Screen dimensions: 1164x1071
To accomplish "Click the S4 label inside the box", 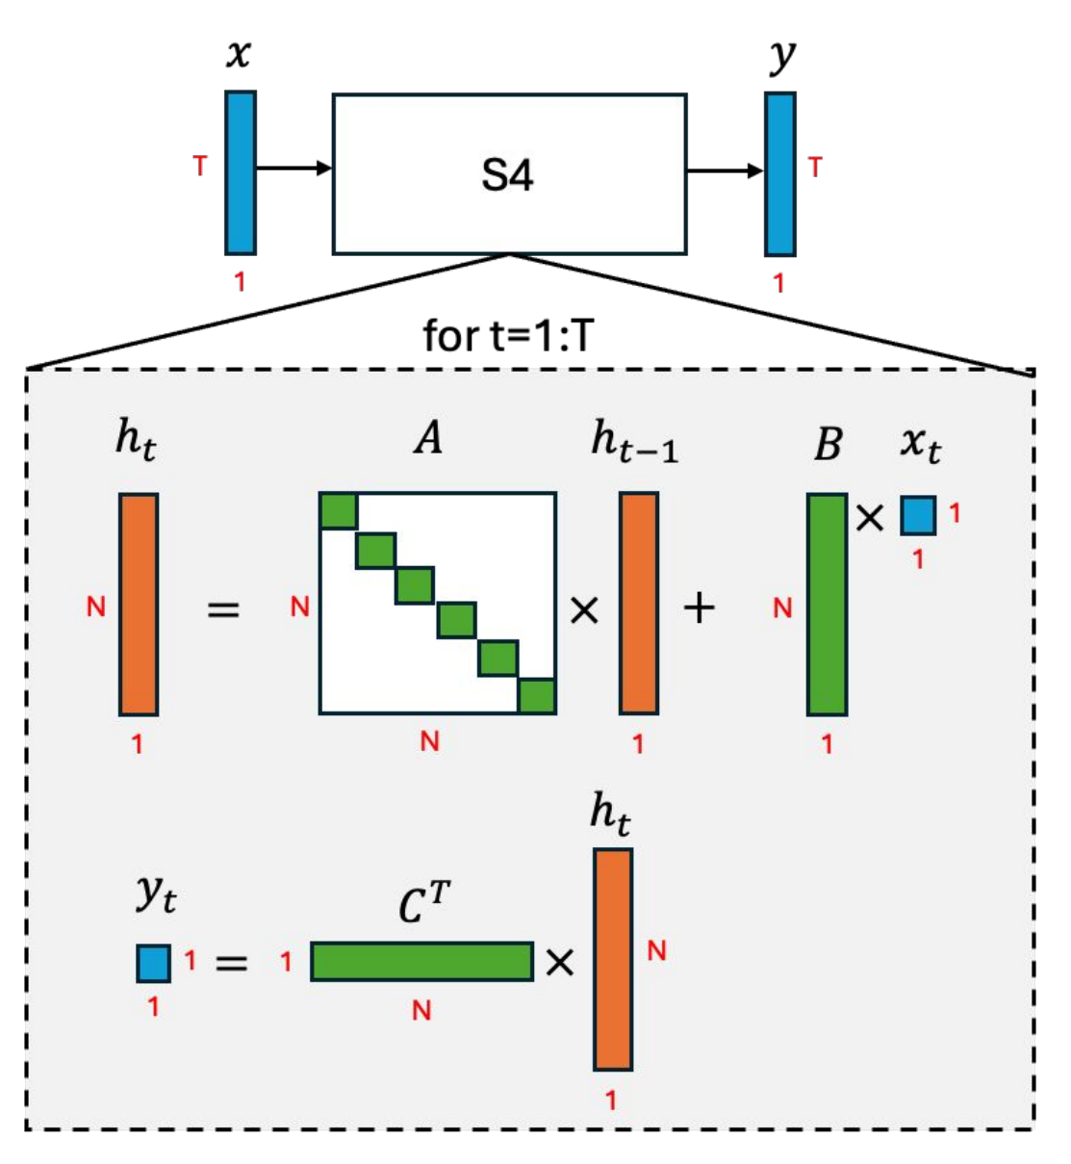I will [x=507, y=175].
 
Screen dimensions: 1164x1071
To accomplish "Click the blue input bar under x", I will [x=241, y=173].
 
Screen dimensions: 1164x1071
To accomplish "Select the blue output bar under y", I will [x=780, y=174].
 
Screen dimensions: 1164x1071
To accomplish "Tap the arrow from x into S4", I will [x=293, y=168].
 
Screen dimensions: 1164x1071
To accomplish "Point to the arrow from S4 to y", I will [x=725, y=171].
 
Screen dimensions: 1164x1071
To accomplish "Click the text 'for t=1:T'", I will [x=508, y=336].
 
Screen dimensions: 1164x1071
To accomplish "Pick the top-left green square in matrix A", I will [x=339, y=510].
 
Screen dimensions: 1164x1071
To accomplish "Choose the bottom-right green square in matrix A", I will [x=537, y=695].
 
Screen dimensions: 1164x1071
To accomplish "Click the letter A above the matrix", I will [x=429, y=438].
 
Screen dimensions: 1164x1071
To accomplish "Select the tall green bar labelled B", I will [x=827, y=605].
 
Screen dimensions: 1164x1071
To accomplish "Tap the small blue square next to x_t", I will [x=918, y=515].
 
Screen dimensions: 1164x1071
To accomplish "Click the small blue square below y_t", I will [x=153, y=963].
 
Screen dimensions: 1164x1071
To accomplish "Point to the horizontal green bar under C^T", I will [x=421, y=961].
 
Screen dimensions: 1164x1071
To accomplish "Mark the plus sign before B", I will [x=700, y=608].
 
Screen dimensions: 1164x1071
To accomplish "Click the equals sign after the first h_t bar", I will [x=223, y=608].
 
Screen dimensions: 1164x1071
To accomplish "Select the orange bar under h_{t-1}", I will [x=638, y=604].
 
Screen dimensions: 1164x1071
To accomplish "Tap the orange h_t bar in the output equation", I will [x=613, y=959].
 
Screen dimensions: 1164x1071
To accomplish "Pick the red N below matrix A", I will [x=429, y=740].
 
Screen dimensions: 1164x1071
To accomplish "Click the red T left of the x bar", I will [x=200, y=167].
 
